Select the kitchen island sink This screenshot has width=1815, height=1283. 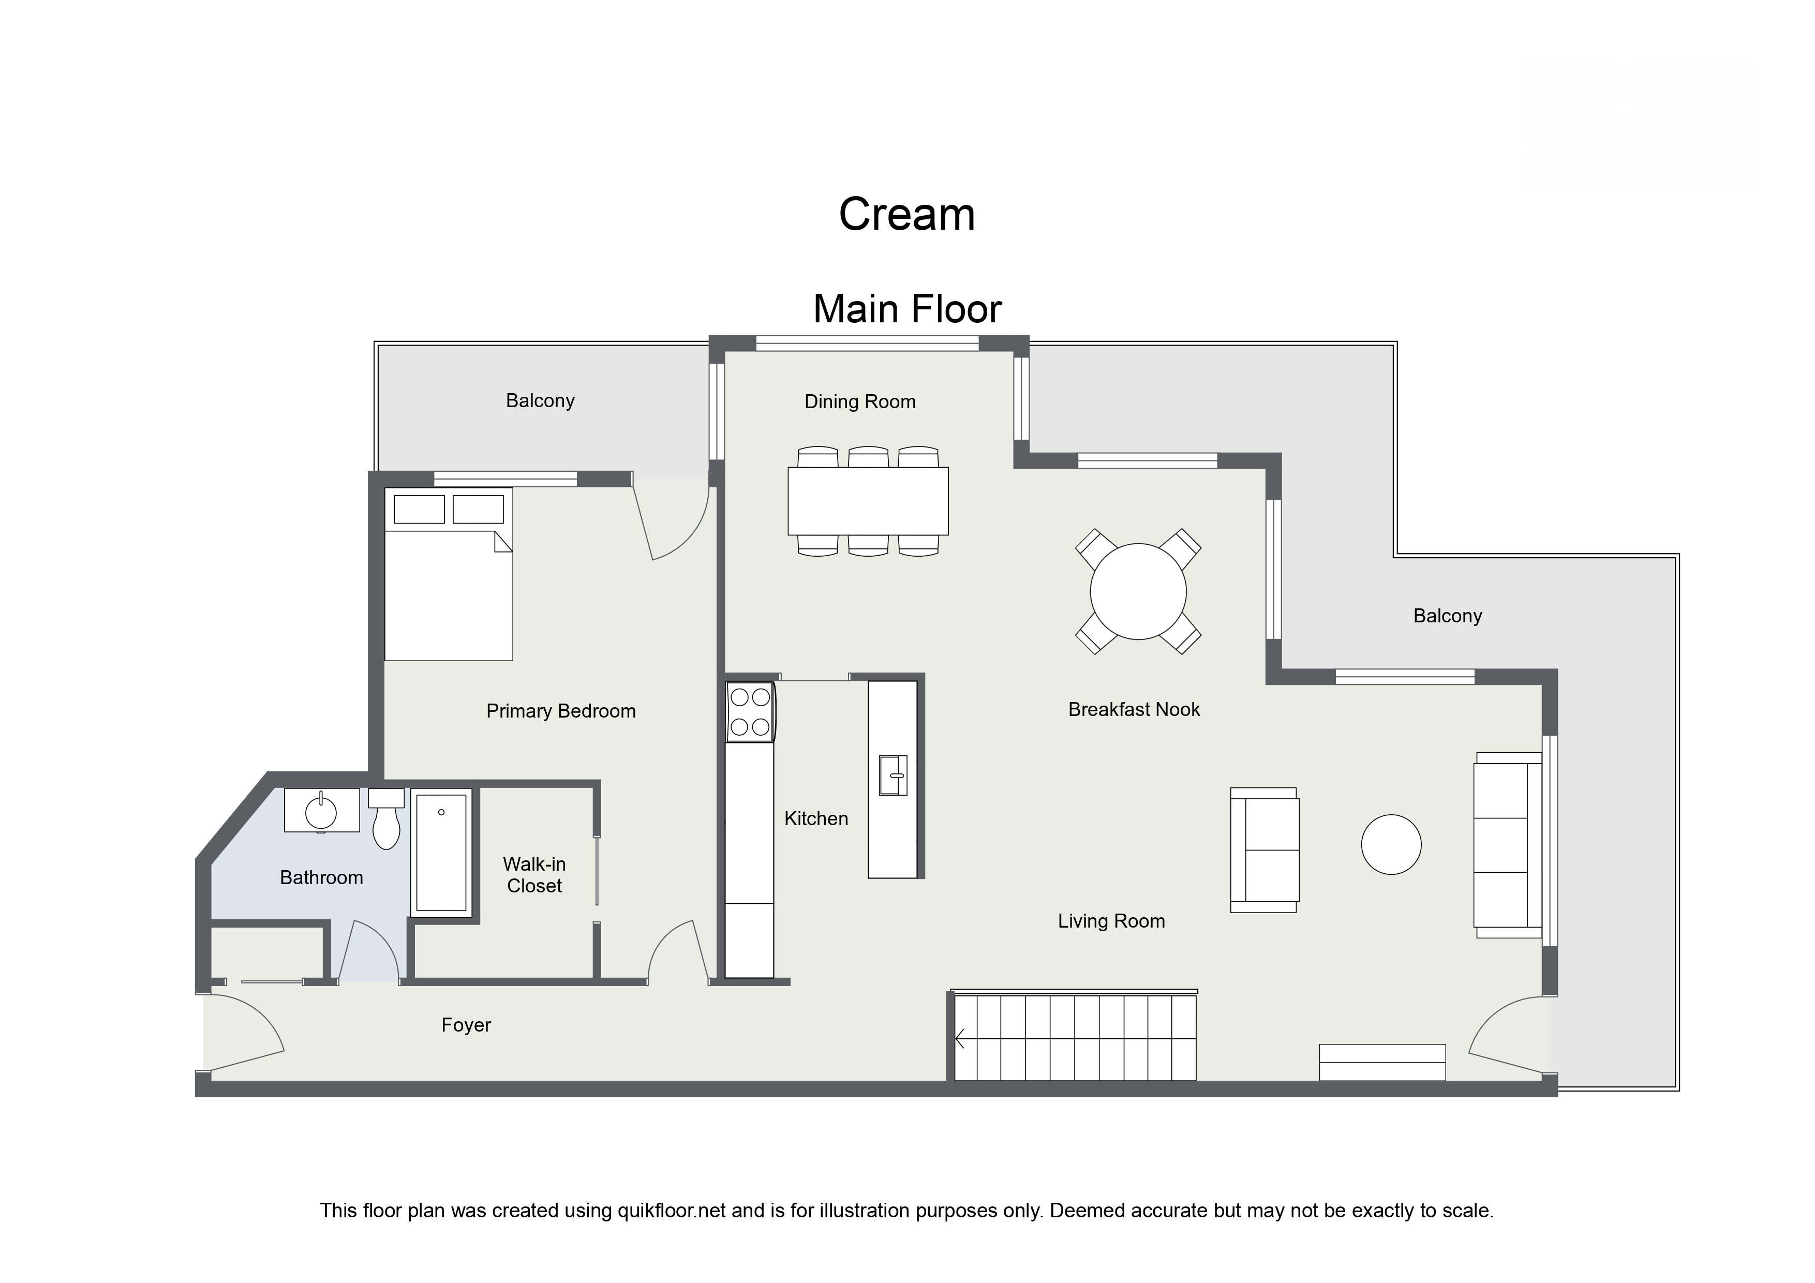[892, 774]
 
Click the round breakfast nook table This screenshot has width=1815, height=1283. [1138, 591]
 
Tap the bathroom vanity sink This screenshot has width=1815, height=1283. [321, 812]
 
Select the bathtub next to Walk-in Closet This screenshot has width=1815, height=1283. [441, 854]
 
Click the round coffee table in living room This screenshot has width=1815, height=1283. [1391, 844]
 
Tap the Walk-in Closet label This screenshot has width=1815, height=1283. [534, 875]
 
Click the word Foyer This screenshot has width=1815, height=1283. [466, 1025]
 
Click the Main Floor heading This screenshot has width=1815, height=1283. [906, 309]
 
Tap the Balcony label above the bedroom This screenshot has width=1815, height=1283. [540, 401]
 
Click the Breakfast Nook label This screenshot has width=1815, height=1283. [1134, 710]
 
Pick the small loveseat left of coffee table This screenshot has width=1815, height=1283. [1264, 850]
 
